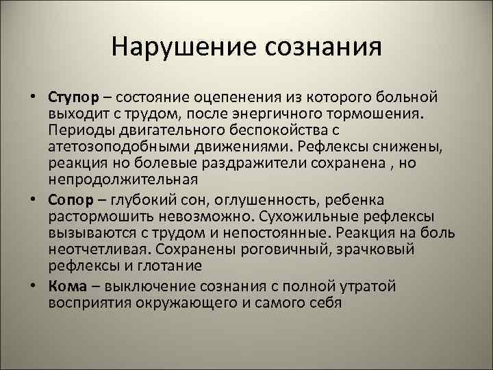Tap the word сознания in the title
click(x=318, y=47)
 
